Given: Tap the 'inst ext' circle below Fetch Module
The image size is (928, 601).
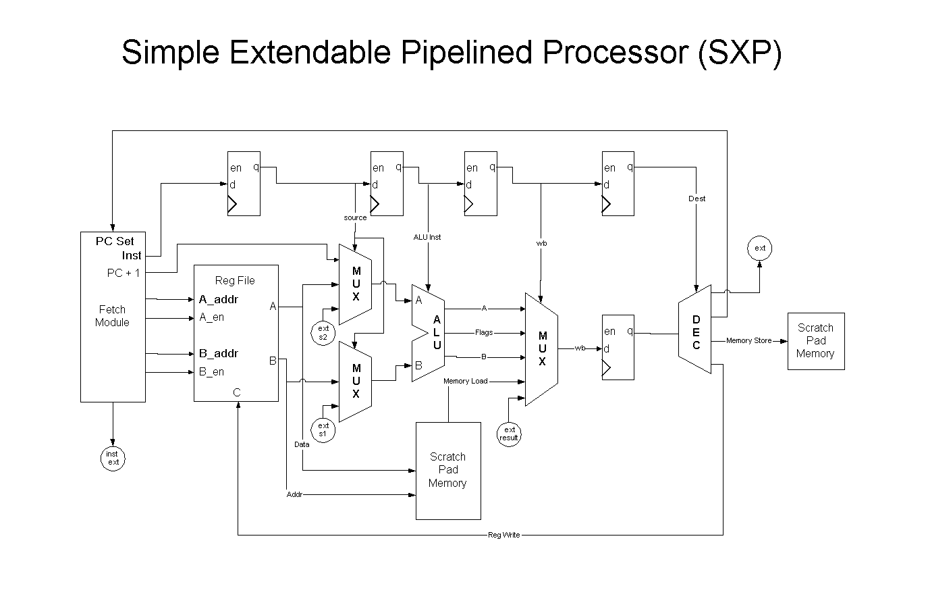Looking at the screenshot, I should click(x=113, y=458).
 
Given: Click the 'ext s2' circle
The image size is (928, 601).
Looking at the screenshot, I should click(x=323, y=333).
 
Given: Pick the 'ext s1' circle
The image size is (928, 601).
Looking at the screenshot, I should click(x=323, y=429).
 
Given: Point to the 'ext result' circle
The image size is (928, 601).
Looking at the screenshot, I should click(x=509, y=434).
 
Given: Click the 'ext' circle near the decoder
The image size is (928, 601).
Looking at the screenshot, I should click(x=760, y=249).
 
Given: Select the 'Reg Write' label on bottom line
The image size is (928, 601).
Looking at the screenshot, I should click(x=503, y=535).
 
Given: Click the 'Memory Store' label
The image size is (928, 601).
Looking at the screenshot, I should click(x=748, y=341).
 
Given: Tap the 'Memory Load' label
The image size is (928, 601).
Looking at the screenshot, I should click(x=465, y=382).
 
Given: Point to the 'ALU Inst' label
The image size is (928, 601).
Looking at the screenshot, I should click(x=427, y=237).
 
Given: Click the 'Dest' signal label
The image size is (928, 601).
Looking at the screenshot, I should click(x=697, y=199).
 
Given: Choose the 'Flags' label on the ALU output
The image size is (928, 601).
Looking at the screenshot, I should click(x=484, y=333).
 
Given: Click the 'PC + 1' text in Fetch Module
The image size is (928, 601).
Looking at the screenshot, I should click(x=124, y=273).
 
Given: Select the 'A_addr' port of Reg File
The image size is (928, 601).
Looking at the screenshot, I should click(x=218, y=299).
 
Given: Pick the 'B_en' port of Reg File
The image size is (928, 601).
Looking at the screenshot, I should click(x=211, y=371).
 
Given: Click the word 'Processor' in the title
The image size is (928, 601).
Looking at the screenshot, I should click(x=613, y=52).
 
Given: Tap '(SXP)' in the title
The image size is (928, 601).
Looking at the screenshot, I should click(x=740, y=52).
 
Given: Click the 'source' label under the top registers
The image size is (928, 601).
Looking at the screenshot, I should click(x=355, y=217).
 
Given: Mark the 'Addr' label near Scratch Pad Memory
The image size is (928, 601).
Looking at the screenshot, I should click(x=294, y=495).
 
